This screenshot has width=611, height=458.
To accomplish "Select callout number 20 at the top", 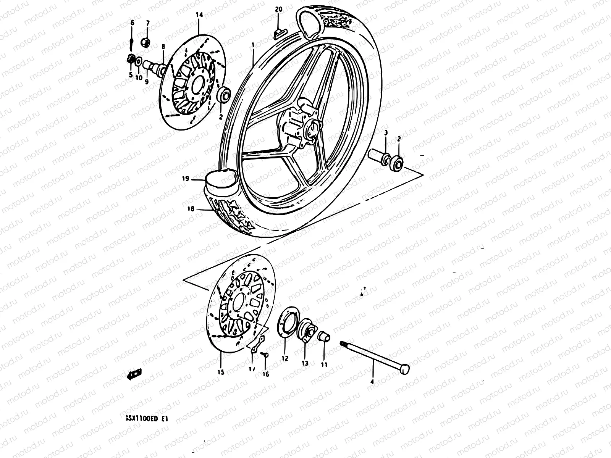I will tap(278, 9).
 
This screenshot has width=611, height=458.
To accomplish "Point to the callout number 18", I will tap(191, 209).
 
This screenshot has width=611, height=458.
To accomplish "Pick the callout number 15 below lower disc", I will tap(221, 372).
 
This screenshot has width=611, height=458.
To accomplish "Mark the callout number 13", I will tap(305, 363).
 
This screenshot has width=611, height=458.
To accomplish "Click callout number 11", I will tap(324, 364).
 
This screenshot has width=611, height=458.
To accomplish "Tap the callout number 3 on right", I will tap(386, 133).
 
